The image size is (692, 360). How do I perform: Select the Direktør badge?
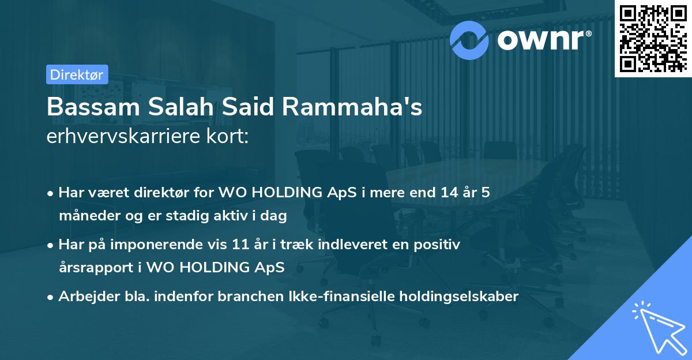coord(77,74)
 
